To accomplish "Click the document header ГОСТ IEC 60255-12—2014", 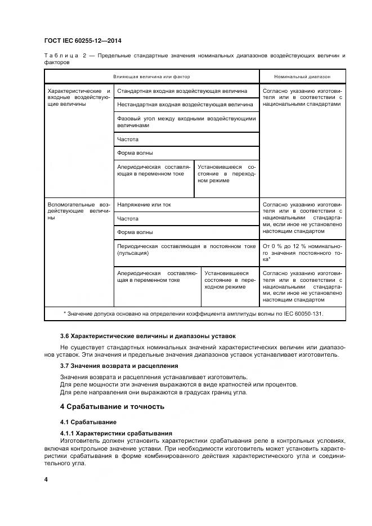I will [83, 42].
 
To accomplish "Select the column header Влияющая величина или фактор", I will [151, 76].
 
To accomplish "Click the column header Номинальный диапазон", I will [302, 76].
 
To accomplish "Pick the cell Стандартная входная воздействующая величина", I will [182, 91].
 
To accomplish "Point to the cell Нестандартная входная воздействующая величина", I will [185, 104].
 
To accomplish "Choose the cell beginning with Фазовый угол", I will [186, 122].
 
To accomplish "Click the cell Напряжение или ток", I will [144, 205].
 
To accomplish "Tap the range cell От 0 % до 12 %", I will [302, 253].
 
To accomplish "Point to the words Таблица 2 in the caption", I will [64, 56].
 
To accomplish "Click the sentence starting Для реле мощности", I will [178, 384].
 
